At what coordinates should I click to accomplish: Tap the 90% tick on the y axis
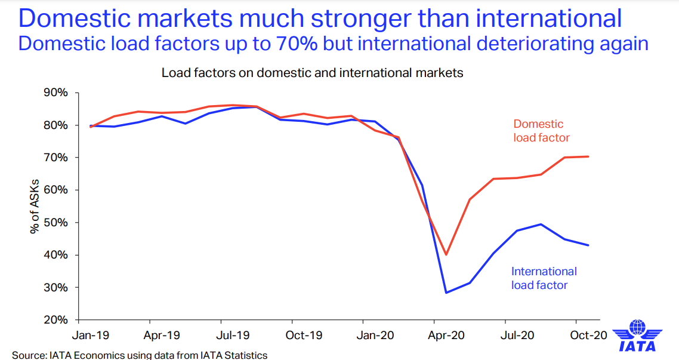tap(55, 93)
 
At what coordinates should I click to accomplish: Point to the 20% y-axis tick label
tap(55, 319)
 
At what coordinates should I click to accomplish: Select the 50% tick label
tap(55, 223)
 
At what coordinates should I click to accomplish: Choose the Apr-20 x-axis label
tap(445, 336)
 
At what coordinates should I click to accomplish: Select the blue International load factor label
tap(544, 278)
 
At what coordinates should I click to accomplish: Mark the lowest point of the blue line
tap(445, 293)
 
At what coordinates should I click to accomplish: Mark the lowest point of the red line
tap(445, 255)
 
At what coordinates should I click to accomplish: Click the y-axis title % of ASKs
tap(35, 206)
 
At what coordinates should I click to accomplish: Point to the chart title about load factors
tap(312, 73)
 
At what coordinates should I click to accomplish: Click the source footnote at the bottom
tap(140, 355)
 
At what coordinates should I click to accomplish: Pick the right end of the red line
tap(589, 156)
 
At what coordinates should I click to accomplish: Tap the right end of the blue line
tap(589, 245)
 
